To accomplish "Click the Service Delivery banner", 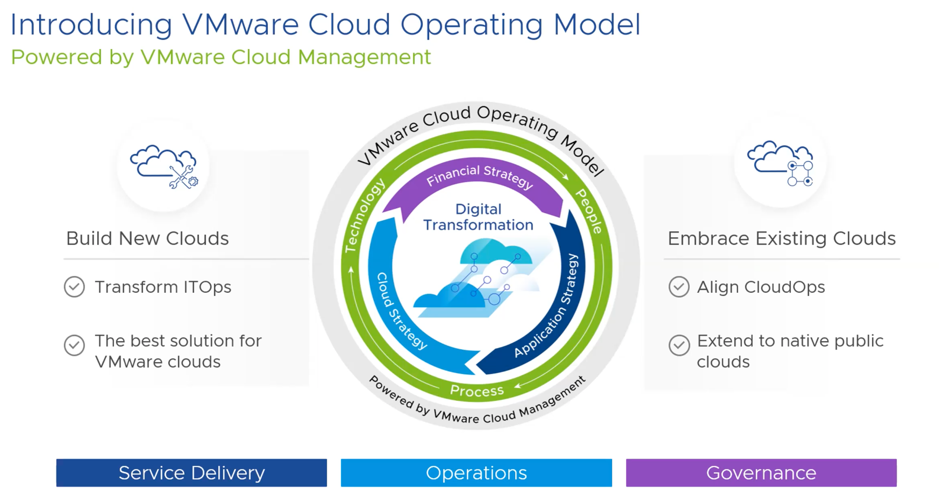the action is point(191,472).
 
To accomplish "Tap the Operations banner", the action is point(477,472).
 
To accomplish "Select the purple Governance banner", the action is point(761,472).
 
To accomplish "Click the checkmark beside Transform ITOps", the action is point(74,287).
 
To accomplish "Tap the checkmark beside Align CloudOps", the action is point(679,287).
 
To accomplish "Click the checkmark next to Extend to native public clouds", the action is point(679,345).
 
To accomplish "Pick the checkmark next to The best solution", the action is point(74,345).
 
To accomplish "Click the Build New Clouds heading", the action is point(147,239).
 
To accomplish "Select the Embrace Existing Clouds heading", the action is point(782,239).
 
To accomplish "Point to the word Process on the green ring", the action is point(477,390).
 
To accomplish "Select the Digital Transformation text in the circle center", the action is point(478,217).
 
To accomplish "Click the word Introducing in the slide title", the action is point(91,25).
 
